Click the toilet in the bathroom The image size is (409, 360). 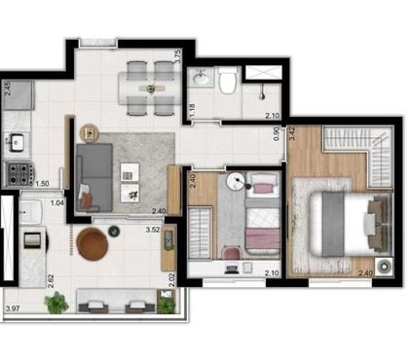227,81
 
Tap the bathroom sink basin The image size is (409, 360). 201,77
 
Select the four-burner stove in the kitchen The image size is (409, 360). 19,174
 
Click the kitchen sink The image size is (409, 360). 17,143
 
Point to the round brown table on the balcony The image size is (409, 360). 93,244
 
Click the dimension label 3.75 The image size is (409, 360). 177,56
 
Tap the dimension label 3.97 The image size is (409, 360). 13,308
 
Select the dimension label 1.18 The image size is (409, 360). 193,110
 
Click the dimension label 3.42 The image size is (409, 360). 292,133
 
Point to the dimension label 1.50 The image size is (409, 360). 42,184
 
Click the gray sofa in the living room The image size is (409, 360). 94,178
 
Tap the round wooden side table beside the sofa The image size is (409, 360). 89,133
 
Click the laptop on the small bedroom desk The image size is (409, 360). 232,269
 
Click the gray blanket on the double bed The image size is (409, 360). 333,224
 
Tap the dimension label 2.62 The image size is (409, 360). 51,281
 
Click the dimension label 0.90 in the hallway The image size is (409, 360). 276,133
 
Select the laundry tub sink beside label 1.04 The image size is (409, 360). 30,211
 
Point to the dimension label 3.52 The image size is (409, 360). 153,230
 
